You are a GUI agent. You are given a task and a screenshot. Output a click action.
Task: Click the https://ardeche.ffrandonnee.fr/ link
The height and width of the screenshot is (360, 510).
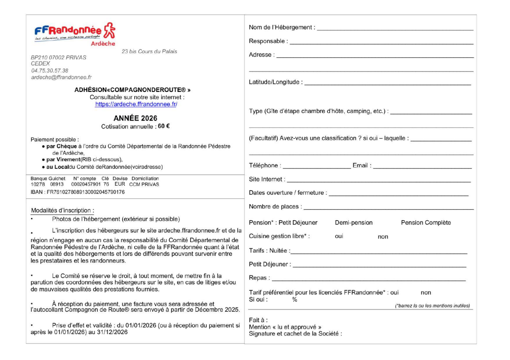tap(136, 104)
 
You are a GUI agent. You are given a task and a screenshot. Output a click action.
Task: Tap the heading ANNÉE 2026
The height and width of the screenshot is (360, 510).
tap(135, 118)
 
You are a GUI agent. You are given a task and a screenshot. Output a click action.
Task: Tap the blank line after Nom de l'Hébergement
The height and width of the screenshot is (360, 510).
tap(395, 30)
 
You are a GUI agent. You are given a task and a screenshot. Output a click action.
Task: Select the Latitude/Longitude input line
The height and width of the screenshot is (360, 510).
tap(387, 84)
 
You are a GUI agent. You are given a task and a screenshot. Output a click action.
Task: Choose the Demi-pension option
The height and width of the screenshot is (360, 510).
tap(354, 223)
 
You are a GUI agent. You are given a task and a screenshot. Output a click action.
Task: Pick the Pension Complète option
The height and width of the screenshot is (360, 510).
tap(426, 223)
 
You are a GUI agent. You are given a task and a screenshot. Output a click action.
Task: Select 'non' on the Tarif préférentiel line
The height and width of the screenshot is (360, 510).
tap(426, 293)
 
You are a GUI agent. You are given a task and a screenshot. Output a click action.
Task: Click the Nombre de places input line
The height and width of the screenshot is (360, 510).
tap(388, 209)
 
